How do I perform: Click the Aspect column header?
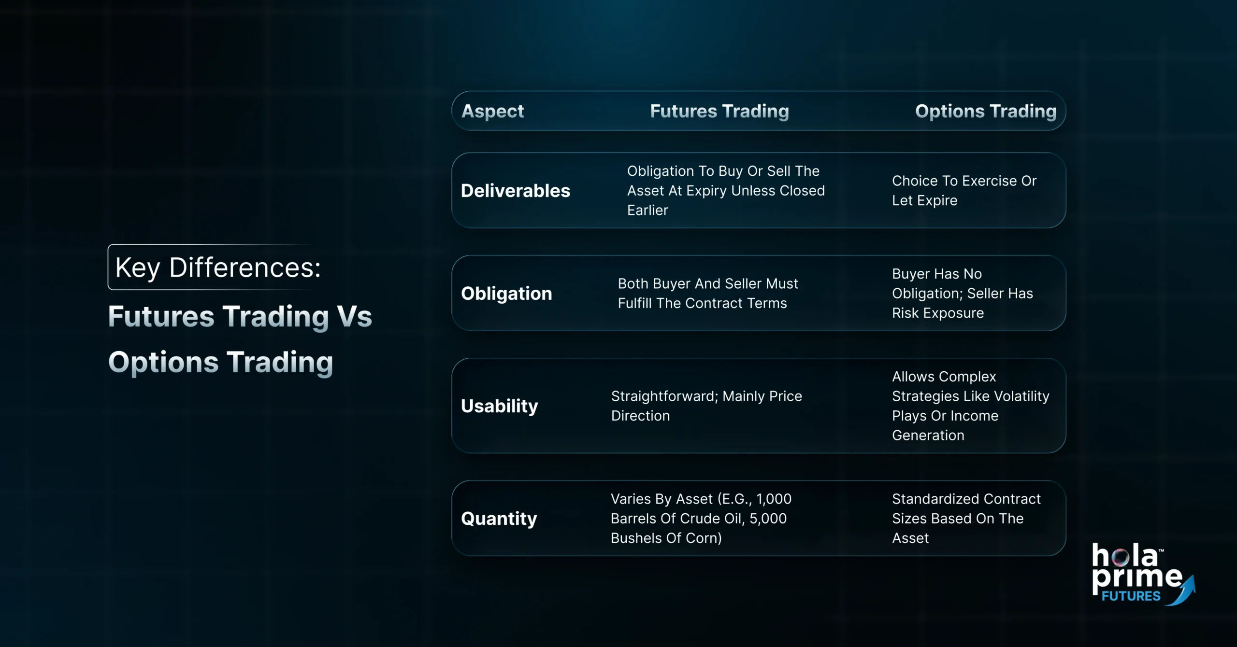tap(492, 111)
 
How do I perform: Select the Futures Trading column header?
tap(719, 111)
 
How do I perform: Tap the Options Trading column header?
tap(985, 111)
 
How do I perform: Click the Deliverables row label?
tap(516, 191)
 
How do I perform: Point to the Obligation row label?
tap(506, 294)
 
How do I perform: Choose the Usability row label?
tap(499, 406)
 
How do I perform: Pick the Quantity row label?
tap(499, 519)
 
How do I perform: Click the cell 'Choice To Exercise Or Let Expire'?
tap(964, 190)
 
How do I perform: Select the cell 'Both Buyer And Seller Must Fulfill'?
tap(707, 293)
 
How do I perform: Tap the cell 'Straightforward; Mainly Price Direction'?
tap(706, 406)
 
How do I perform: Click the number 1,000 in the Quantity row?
tap(774, 499)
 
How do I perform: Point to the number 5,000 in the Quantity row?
tap(768, 519)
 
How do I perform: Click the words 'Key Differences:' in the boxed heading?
tap(218, 267)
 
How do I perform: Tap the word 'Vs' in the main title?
tap(355, 316)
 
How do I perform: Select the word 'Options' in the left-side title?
tap(163, 362)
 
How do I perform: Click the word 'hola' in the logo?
tap(1124, 556)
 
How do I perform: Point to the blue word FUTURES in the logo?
tap(1131, 596)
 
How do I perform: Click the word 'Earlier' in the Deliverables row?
tap(647, 211)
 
